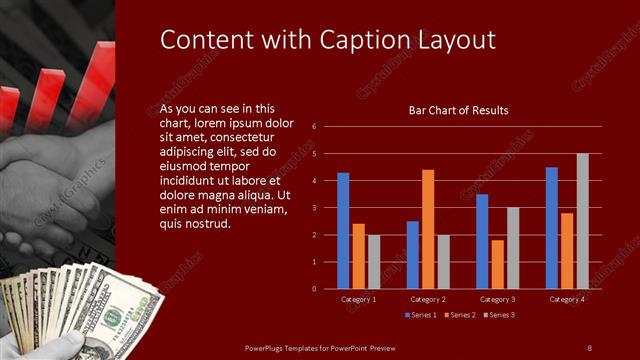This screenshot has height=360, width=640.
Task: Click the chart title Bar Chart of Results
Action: tap(459, 110)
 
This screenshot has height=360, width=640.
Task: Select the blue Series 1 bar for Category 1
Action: tap(343, 231)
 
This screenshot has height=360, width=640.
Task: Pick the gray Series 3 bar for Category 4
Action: tap(582, 221)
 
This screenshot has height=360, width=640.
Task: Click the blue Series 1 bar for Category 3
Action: tap(482, 241)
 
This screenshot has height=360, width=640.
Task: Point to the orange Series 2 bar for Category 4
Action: tap(567, 251)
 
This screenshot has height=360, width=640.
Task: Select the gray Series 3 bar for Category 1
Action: tap(373, 262)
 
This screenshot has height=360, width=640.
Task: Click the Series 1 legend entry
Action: tap(420, 315)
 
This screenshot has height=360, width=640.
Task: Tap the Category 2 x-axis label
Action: tap(428, 299)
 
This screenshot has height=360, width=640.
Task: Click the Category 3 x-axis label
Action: tap(497, 299)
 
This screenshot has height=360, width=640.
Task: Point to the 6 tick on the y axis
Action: tap(314, 127)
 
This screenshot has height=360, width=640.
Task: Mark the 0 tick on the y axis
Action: tap(314, 289)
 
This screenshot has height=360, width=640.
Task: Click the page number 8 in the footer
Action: tap(590, 347)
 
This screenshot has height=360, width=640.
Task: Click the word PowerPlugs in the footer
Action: tap(269, 347)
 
